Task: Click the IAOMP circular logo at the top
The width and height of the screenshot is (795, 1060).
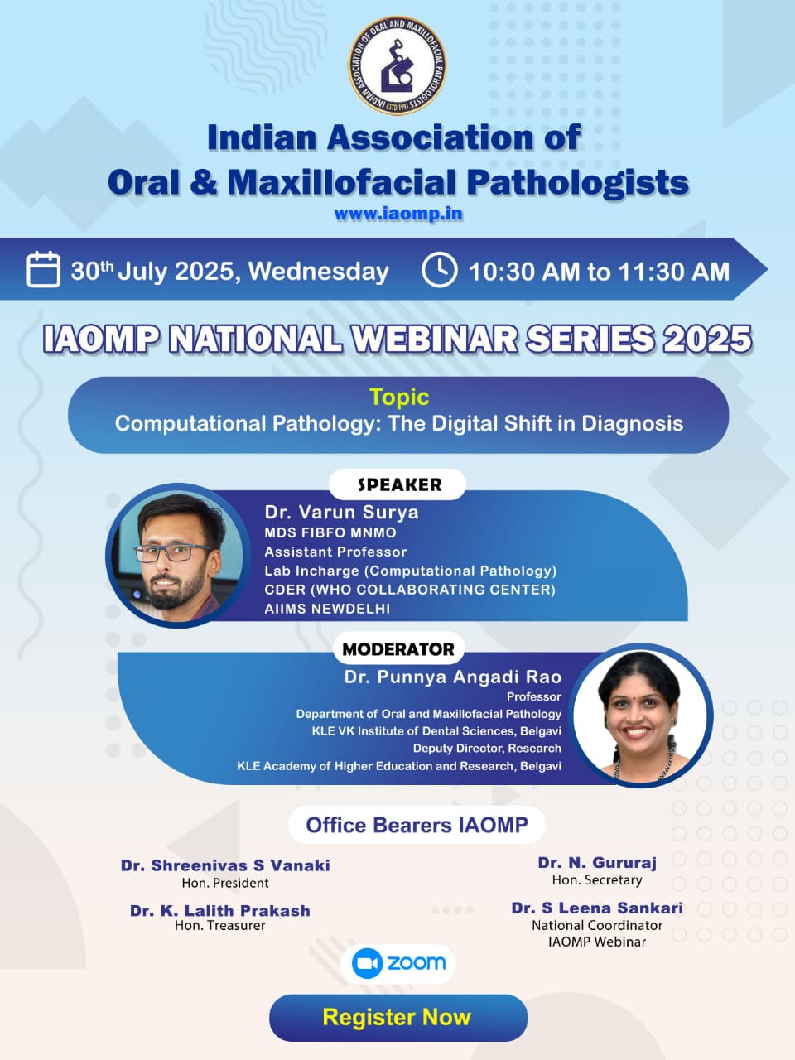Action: (x=397, y=65)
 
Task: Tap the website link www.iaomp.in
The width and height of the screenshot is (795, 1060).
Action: (x=398, y=214)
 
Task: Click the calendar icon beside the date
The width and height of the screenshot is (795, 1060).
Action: (x=43, y=269)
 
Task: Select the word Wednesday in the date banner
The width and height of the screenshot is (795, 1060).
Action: (x=319, y=271)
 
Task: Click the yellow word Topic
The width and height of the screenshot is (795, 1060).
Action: (x=399, y=397)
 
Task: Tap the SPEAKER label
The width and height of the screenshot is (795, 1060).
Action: (x=399, y=484)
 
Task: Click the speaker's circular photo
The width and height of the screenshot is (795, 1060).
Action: (x=178, y=556)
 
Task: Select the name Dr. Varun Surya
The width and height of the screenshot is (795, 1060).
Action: (x=341, y=513)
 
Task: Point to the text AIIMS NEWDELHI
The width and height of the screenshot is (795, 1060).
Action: (x=327, y=609)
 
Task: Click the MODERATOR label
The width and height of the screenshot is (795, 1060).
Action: (x=398, y=649)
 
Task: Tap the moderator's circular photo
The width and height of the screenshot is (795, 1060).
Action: (x=640, y=715)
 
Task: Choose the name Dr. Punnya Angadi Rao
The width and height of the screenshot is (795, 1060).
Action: (x=453, y=677)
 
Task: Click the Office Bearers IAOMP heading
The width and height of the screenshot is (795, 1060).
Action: (x=417, y=825)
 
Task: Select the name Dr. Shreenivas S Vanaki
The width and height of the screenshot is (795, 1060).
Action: (x=225, y=865)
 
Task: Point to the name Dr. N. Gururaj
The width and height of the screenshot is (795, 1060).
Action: (x=597, y=862)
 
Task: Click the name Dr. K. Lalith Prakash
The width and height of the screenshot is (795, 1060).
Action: (x=220, y=911)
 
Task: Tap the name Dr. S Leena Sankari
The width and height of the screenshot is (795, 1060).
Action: (x=597, y=908)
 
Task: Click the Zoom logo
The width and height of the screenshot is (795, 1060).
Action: (x=397, y=963)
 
